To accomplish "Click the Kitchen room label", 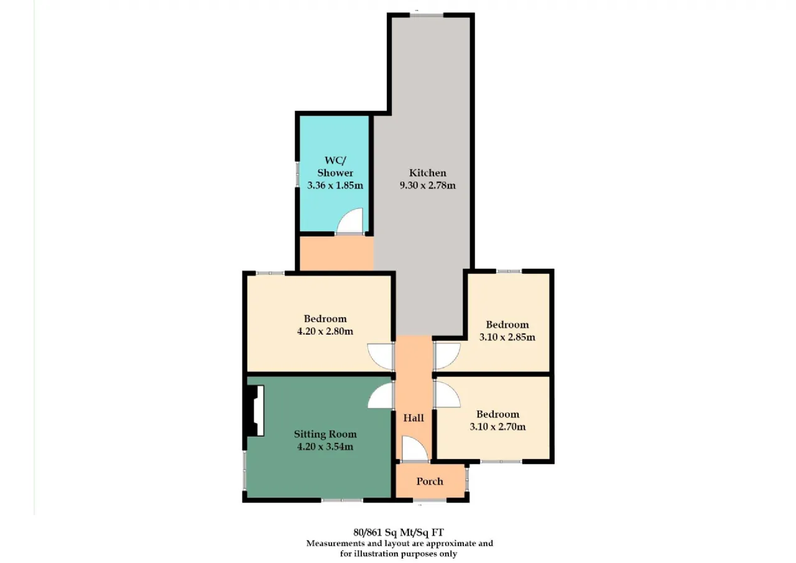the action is [x=427, y=173].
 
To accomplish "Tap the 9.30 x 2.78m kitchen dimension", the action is [x=427, y=185].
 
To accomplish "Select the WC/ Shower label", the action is [x=335, y=167].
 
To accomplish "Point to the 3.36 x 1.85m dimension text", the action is [x=335, y=185].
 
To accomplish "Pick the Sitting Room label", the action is [x=325, y=434].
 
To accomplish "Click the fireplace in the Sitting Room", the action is [x=254, y=411].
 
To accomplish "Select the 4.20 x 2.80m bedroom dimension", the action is [x=325, y=331].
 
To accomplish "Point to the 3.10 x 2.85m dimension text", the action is [x=507, y=337].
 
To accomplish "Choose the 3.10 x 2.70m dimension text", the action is [x=497, y=427].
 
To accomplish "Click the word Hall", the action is [x=414, y=417].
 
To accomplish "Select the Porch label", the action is [x=430, y=482].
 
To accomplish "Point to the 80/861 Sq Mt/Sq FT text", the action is [x=399, y=532].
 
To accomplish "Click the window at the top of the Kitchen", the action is [x=427, y=15].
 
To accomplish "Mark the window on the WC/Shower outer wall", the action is [x=297, y=174].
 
